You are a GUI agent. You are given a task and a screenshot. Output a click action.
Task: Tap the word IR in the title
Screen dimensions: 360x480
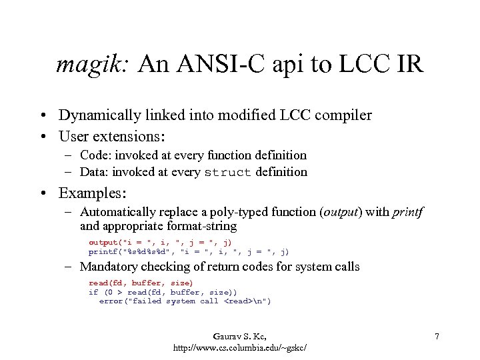coord(410,65)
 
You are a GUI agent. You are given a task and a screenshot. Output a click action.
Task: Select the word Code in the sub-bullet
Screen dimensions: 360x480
coord(94,155)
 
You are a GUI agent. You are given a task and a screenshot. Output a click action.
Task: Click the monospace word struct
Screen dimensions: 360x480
coord(227,173)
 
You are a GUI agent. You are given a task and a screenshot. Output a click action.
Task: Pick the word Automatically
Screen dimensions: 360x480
coord(119,213)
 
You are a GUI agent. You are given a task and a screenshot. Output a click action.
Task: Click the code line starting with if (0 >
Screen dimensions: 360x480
coord(163,292)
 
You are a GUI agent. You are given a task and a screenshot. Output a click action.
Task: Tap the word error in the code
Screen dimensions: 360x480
coord(112,301)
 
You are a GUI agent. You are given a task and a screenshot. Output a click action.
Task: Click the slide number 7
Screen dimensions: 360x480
coord(437,337)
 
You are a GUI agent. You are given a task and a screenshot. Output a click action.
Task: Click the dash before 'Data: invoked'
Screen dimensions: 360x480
coord(70,173)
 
